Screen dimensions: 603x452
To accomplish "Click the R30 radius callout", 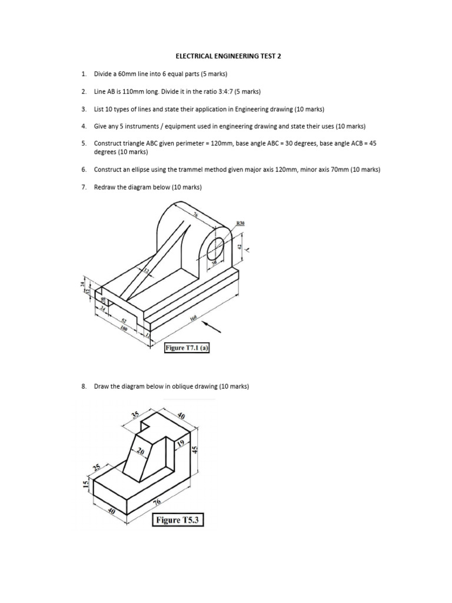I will pyautogui.click(x=240, y=223).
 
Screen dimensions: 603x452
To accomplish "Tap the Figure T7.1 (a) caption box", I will pyautogui.click(x=187, y=348).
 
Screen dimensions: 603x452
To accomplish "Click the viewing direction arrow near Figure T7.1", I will pyautogui.click(x=212, y=327).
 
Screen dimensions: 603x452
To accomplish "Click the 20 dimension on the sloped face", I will pyautogui.click(x=140, y=452).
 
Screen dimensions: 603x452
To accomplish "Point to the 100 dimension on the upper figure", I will pyautogui.click(x=124, y=328).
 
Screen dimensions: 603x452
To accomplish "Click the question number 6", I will pyautogui.click(x=84, y=170).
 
